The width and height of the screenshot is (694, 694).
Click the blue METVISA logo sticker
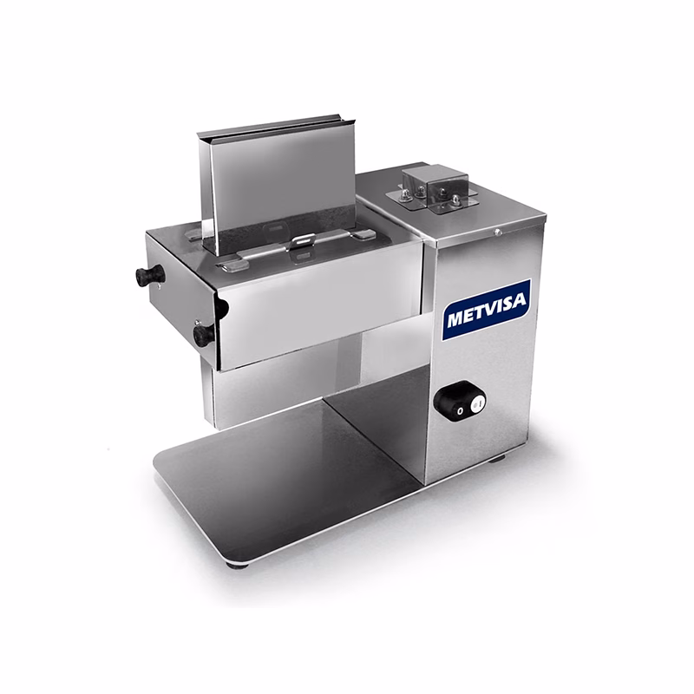point(487,310)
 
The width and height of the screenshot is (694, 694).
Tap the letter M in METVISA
point(455,318)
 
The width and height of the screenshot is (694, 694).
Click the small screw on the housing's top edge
point(498,231)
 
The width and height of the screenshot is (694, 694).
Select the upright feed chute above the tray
point(275,186)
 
